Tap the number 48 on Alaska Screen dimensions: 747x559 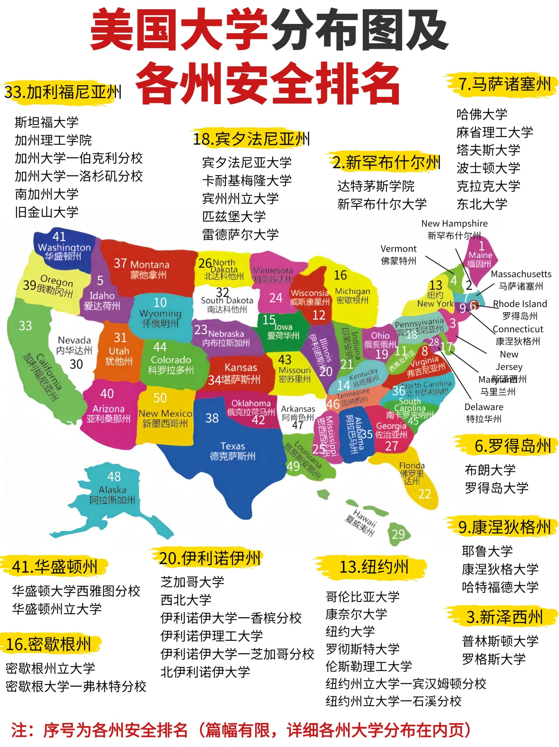click(x=114, y=476)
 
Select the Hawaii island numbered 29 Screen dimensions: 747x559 click(x=398, y=534)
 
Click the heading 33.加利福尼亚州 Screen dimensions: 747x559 click(x=63, y=92)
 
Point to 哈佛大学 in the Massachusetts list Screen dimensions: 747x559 click(x=482, y=114)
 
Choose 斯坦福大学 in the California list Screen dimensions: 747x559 click(x=47, y=122)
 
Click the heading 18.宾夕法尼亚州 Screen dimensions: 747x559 click(x=251, y=139)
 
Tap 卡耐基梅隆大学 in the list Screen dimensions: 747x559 click(x=247, y=180)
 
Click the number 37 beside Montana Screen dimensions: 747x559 click(x=120, y=263)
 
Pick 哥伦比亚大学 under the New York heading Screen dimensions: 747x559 click(x=363, y=596)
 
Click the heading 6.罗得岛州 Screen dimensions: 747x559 click(x=512, y=446)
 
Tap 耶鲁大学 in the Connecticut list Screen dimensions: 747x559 click(x=487, y=551)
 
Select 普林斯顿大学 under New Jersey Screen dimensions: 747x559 click(x=500, y=641)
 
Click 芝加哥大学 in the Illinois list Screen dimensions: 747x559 click(x=192, y=582)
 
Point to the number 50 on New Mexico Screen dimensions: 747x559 click(x=160, y=398)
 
